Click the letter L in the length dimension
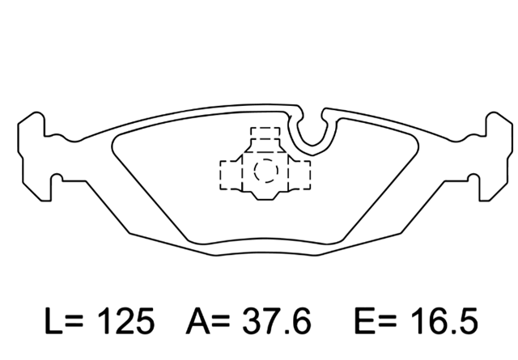pos(53,320)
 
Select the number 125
pos(126,320)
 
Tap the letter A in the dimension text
pos(197,320)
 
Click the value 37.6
pos(277,320)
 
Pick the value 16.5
pos(444,320)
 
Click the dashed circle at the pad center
pos(266,171)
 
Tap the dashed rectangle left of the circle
pos(231,175)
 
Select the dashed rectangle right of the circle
pos(299,175)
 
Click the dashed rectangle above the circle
pos(265,133)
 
